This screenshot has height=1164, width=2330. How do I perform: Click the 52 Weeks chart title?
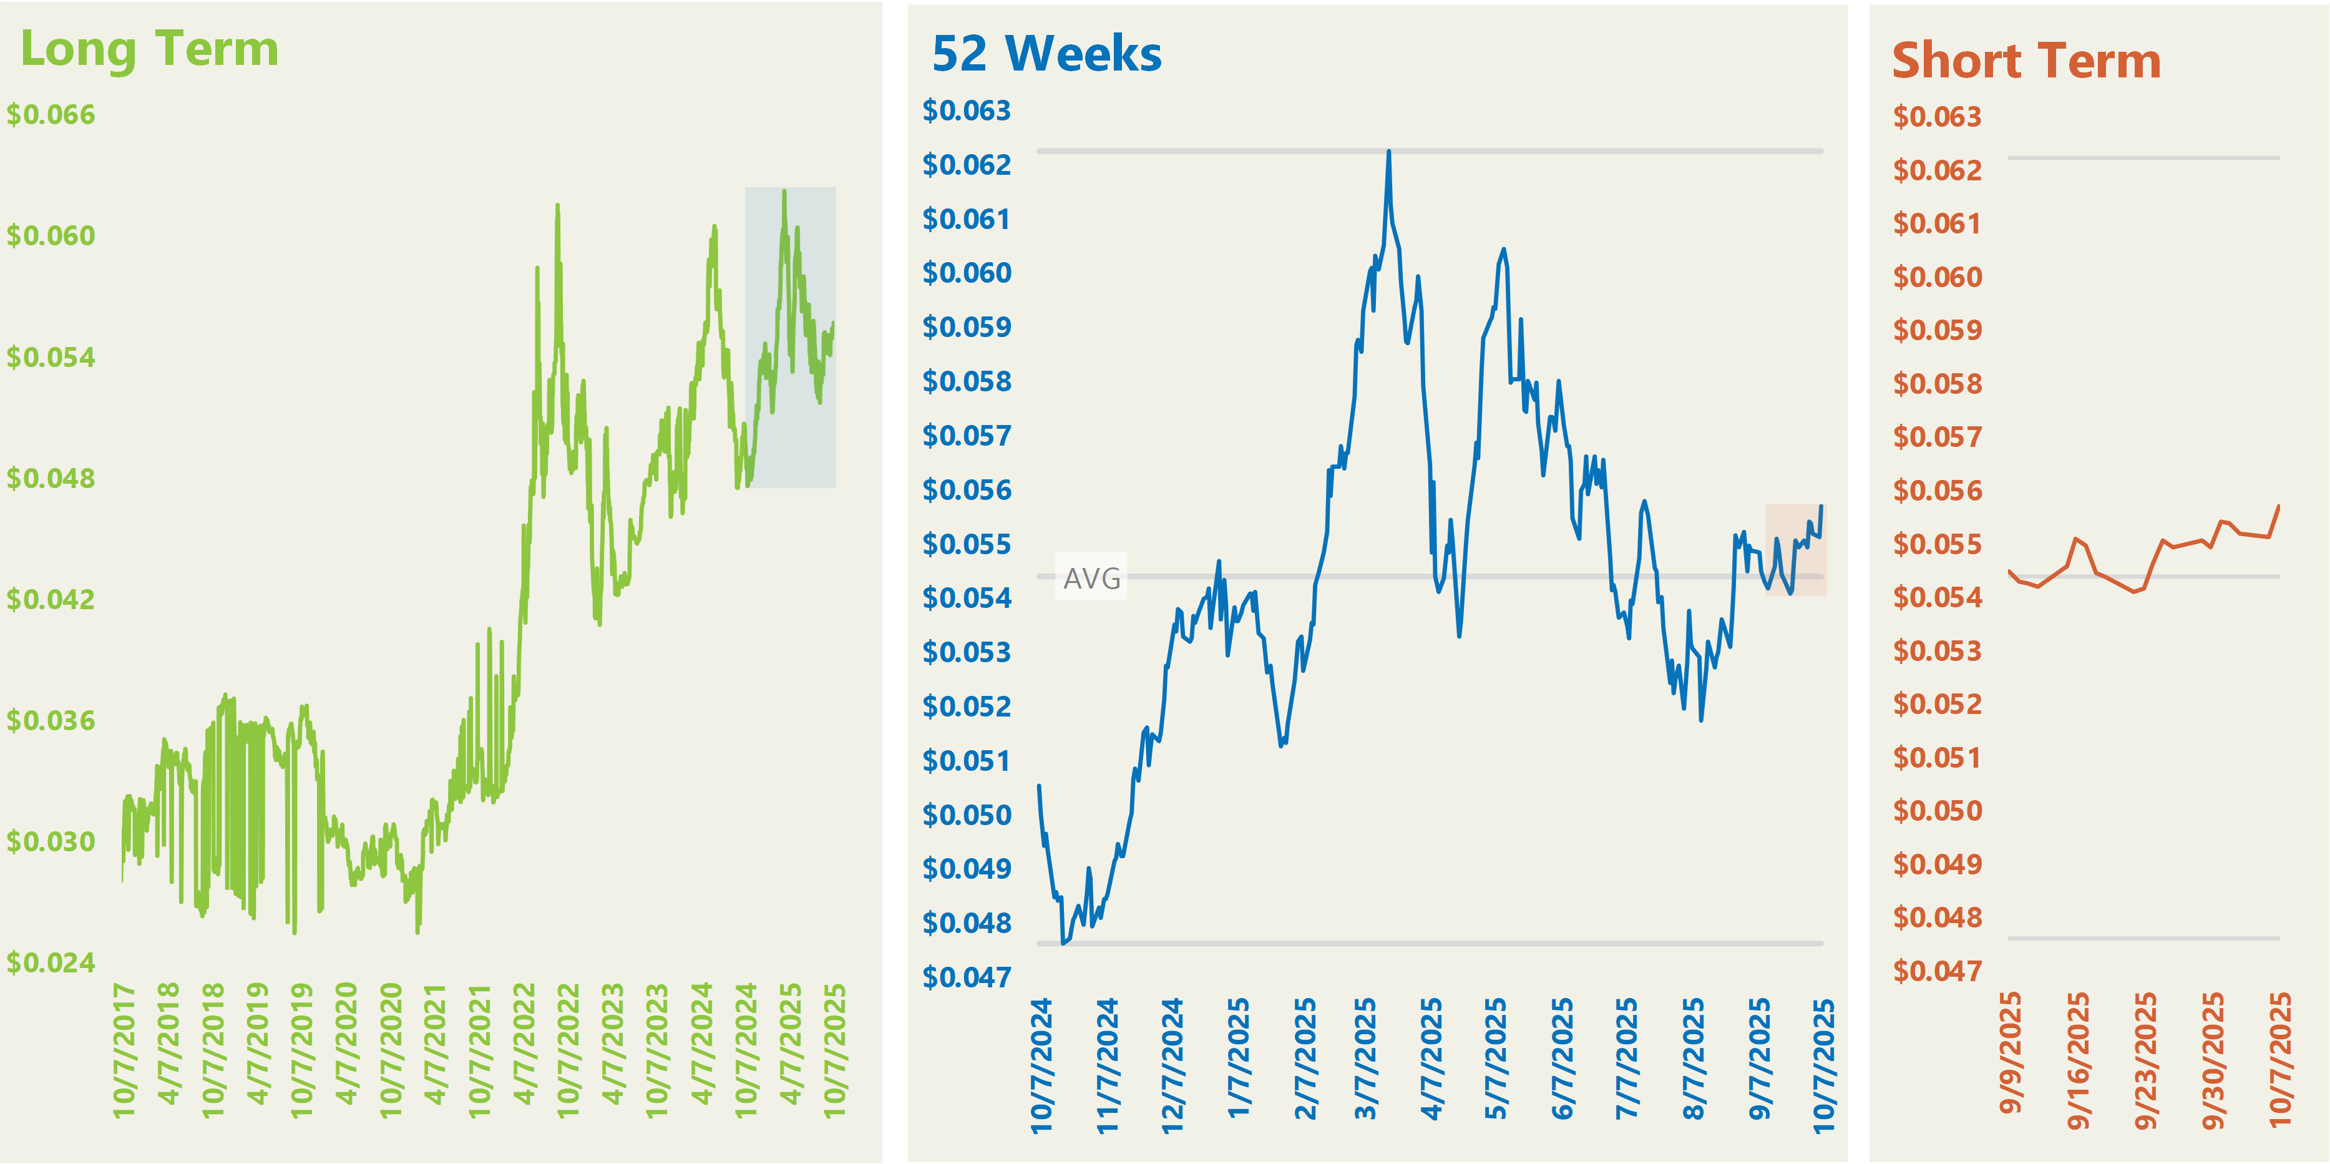[1046, 54]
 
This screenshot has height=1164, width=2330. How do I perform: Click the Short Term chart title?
[2026, 62]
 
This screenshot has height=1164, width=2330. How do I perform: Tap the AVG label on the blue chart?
[1092, 578]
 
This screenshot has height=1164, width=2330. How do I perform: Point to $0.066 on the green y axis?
[51, 115]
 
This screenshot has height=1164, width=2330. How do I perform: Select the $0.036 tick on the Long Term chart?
[51, 721]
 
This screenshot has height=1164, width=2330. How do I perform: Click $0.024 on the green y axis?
[51, 962]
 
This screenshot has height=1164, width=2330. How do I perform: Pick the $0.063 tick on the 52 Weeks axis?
[966, 110]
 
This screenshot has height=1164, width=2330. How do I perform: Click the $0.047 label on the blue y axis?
[966, 977]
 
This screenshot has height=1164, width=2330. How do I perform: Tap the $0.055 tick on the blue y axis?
[966, 544]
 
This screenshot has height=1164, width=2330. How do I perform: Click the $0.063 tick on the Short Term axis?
[1938, 117]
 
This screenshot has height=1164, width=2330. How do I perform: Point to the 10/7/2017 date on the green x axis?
[124, 1051]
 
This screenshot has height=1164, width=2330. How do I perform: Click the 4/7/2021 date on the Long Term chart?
[435, 1045]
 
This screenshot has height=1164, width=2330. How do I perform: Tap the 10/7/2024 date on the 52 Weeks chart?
[1042, 1065]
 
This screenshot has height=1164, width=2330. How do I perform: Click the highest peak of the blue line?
[1388, 152]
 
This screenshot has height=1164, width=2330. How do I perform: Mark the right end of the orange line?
[2278, 506]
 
